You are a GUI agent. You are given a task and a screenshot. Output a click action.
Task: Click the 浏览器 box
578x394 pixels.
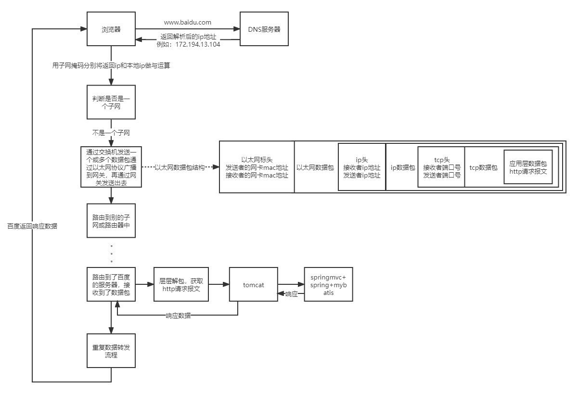point(111,29)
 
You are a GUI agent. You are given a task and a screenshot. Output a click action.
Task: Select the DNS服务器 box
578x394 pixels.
point(264,29)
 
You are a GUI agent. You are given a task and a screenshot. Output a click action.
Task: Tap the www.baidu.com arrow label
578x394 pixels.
point(187,22)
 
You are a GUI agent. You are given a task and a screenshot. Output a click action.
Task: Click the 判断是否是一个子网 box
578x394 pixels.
point(111,102)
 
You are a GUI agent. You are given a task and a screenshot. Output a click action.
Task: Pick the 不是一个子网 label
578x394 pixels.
point(111,132)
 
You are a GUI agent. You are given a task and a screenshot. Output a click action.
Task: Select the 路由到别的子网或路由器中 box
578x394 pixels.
point(111,220)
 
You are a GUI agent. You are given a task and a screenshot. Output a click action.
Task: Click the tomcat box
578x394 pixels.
point(253,285)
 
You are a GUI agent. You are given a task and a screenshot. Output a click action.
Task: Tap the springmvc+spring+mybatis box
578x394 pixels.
point(328,285)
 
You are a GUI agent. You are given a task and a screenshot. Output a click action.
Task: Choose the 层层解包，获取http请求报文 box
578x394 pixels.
point(181,285)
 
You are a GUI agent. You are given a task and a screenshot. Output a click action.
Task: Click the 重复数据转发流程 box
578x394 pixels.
point(111,351)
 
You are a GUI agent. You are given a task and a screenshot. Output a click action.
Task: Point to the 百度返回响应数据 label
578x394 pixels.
point(32,226)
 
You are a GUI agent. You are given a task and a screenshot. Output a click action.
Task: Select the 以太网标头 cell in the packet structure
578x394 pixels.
point(257,167)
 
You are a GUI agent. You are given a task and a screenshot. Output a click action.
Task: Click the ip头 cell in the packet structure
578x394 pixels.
point(361,167)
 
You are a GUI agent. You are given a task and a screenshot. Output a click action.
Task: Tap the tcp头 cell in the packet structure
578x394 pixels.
point(441,167)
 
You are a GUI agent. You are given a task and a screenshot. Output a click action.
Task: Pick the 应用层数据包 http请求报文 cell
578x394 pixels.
point(528,167)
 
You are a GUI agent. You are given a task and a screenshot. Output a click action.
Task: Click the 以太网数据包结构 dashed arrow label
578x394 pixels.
point(180,167)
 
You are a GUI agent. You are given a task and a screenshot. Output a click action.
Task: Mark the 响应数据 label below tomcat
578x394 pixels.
point(178,316)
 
